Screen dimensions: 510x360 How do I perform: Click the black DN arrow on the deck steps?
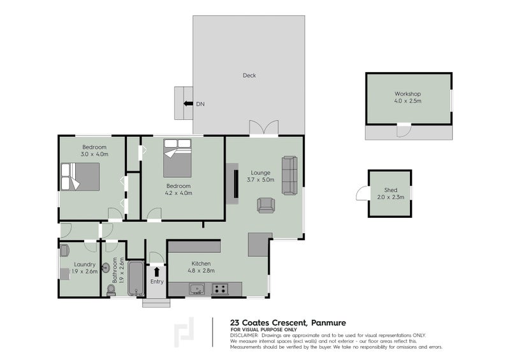[x=188, y=104]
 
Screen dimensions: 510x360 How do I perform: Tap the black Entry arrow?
[x=157, y=271]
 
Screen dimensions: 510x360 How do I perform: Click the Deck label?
[x=249, y=75]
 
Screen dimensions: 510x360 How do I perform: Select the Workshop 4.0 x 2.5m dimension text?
[x=407, y=101]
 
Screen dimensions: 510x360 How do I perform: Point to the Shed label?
[x=391, y=190]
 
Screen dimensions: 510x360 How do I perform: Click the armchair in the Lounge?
[x=266, y=205]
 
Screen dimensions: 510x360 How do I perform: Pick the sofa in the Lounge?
[x=289, y=176]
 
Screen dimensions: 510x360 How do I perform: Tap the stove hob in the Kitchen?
[x=220, y=289]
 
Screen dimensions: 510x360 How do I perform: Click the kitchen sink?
[x=197, y=289]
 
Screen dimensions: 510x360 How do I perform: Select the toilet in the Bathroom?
[x=111, y=290]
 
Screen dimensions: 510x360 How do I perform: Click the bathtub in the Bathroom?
[x=136, y=278]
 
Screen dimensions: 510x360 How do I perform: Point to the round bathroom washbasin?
[x=106, y=268]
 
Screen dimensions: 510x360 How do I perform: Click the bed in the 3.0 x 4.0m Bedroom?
[x=80, y=176]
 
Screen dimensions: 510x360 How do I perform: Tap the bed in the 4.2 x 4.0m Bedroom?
[x=177, y=158]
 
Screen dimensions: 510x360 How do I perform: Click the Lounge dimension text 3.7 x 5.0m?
[x=260, y=180]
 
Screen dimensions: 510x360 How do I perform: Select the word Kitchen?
[x=201, y=263]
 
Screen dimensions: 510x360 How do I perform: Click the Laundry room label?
[x=85, y=264]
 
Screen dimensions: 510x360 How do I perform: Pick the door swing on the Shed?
[x=362, y=194]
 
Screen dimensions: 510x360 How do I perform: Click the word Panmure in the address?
[x=328, y=323]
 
